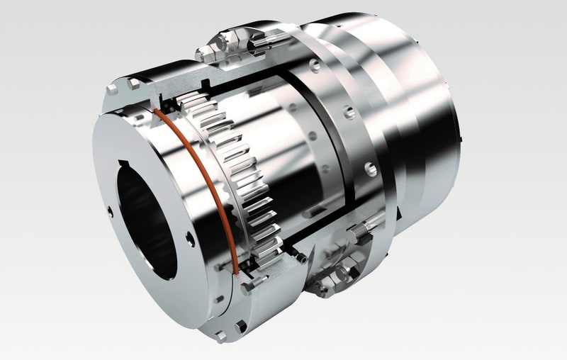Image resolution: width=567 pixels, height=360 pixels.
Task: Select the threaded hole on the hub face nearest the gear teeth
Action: (x=190, y=239)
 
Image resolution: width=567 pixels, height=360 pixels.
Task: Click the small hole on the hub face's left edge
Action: (x=110, y=210)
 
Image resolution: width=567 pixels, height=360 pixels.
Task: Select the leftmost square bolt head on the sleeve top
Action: (x=111, y=90)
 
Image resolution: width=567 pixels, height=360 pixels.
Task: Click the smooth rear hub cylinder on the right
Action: (x=425, y=128)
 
